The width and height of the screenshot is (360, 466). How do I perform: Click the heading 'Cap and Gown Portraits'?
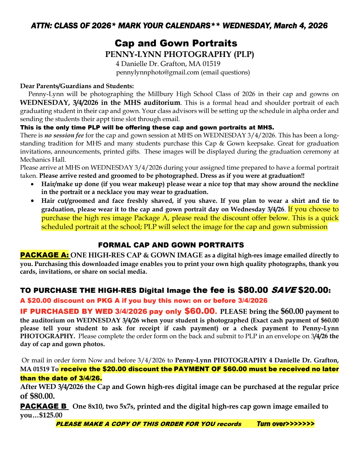(x=176, y=43)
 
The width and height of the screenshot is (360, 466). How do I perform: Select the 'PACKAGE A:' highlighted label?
(x=45, y=255)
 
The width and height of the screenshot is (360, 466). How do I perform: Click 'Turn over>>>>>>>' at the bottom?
(x=285, y=424)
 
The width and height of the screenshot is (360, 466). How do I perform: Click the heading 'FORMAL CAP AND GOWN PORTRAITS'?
(x=171, y=245)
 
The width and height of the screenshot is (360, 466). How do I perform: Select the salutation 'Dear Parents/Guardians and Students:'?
(x=77, y=86)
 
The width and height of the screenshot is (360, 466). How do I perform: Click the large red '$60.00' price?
(x=200, y=311)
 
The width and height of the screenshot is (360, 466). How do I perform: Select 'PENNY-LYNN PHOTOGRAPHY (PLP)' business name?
(x=179, y=54)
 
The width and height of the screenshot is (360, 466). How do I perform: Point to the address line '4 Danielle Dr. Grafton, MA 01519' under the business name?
(x=168, y=64)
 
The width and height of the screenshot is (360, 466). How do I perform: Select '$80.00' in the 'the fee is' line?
(x=253, y=290)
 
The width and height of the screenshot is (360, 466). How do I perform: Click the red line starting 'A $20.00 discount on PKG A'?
(x=144, y=301)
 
